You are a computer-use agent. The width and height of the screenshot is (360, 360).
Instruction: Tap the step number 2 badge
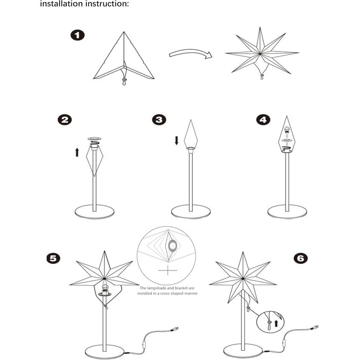tap(65, 120)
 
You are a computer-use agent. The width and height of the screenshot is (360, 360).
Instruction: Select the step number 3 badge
tap(159, 120)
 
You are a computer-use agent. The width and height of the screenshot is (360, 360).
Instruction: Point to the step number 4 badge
tap(263, 120)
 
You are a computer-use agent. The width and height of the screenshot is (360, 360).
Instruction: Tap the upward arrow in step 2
tap(77, 152)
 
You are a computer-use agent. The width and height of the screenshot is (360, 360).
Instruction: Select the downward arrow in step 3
tap(176, 140)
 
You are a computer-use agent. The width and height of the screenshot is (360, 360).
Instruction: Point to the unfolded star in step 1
tap(262, 52)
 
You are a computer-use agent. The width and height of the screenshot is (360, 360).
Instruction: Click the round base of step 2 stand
tap(95, 211)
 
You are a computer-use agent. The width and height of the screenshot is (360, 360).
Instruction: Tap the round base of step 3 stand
tap(191, 211)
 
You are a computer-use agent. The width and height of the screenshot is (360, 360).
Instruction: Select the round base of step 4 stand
tap(287, 211)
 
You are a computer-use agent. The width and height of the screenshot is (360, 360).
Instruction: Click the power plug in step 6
tap(314, 327)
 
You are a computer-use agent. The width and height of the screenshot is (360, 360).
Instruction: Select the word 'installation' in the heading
tap(59, 4)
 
